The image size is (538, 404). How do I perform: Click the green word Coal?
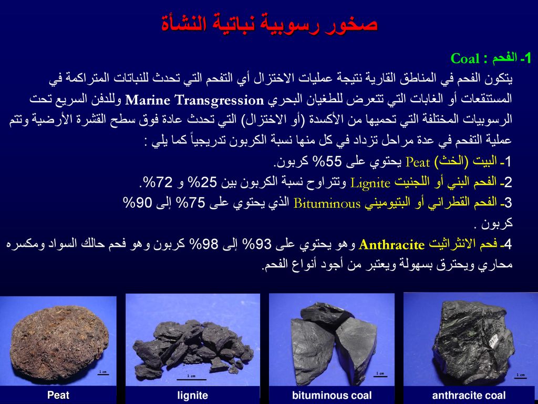pyautogui.click(x=464, y=58)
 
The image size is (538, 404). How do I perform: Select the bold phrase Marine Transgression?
pyautogui.click(x=194, y=100)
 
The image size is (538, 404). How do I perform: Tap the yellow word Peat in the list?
pyautogui.click(x=418, y=162)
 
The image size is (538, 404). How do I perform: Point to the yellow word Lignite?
pyautogui.click(x=370, y=183)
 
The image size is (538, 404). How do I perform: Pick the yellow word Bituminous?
pyautogui.click(x=327, y=204)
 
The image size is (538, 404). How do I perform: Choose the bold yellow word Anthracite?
pyautogui.click(x=391, y=245)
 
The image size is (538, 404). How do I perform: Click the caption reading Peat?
pyautogui.click(x=58, y=395)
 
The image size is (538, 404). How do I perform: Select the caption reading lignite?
pyautogui.click(x=192, y=396)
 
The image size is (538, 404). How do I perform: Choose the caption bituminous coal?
pyautogui.click(x=332, y=396)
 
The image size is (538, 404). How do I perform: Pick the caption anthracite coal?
pyautogui.click(x=469, y=396)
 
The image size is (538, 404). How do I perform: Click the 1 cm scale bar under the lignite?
pyautogui.click(x=191, y=380)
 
